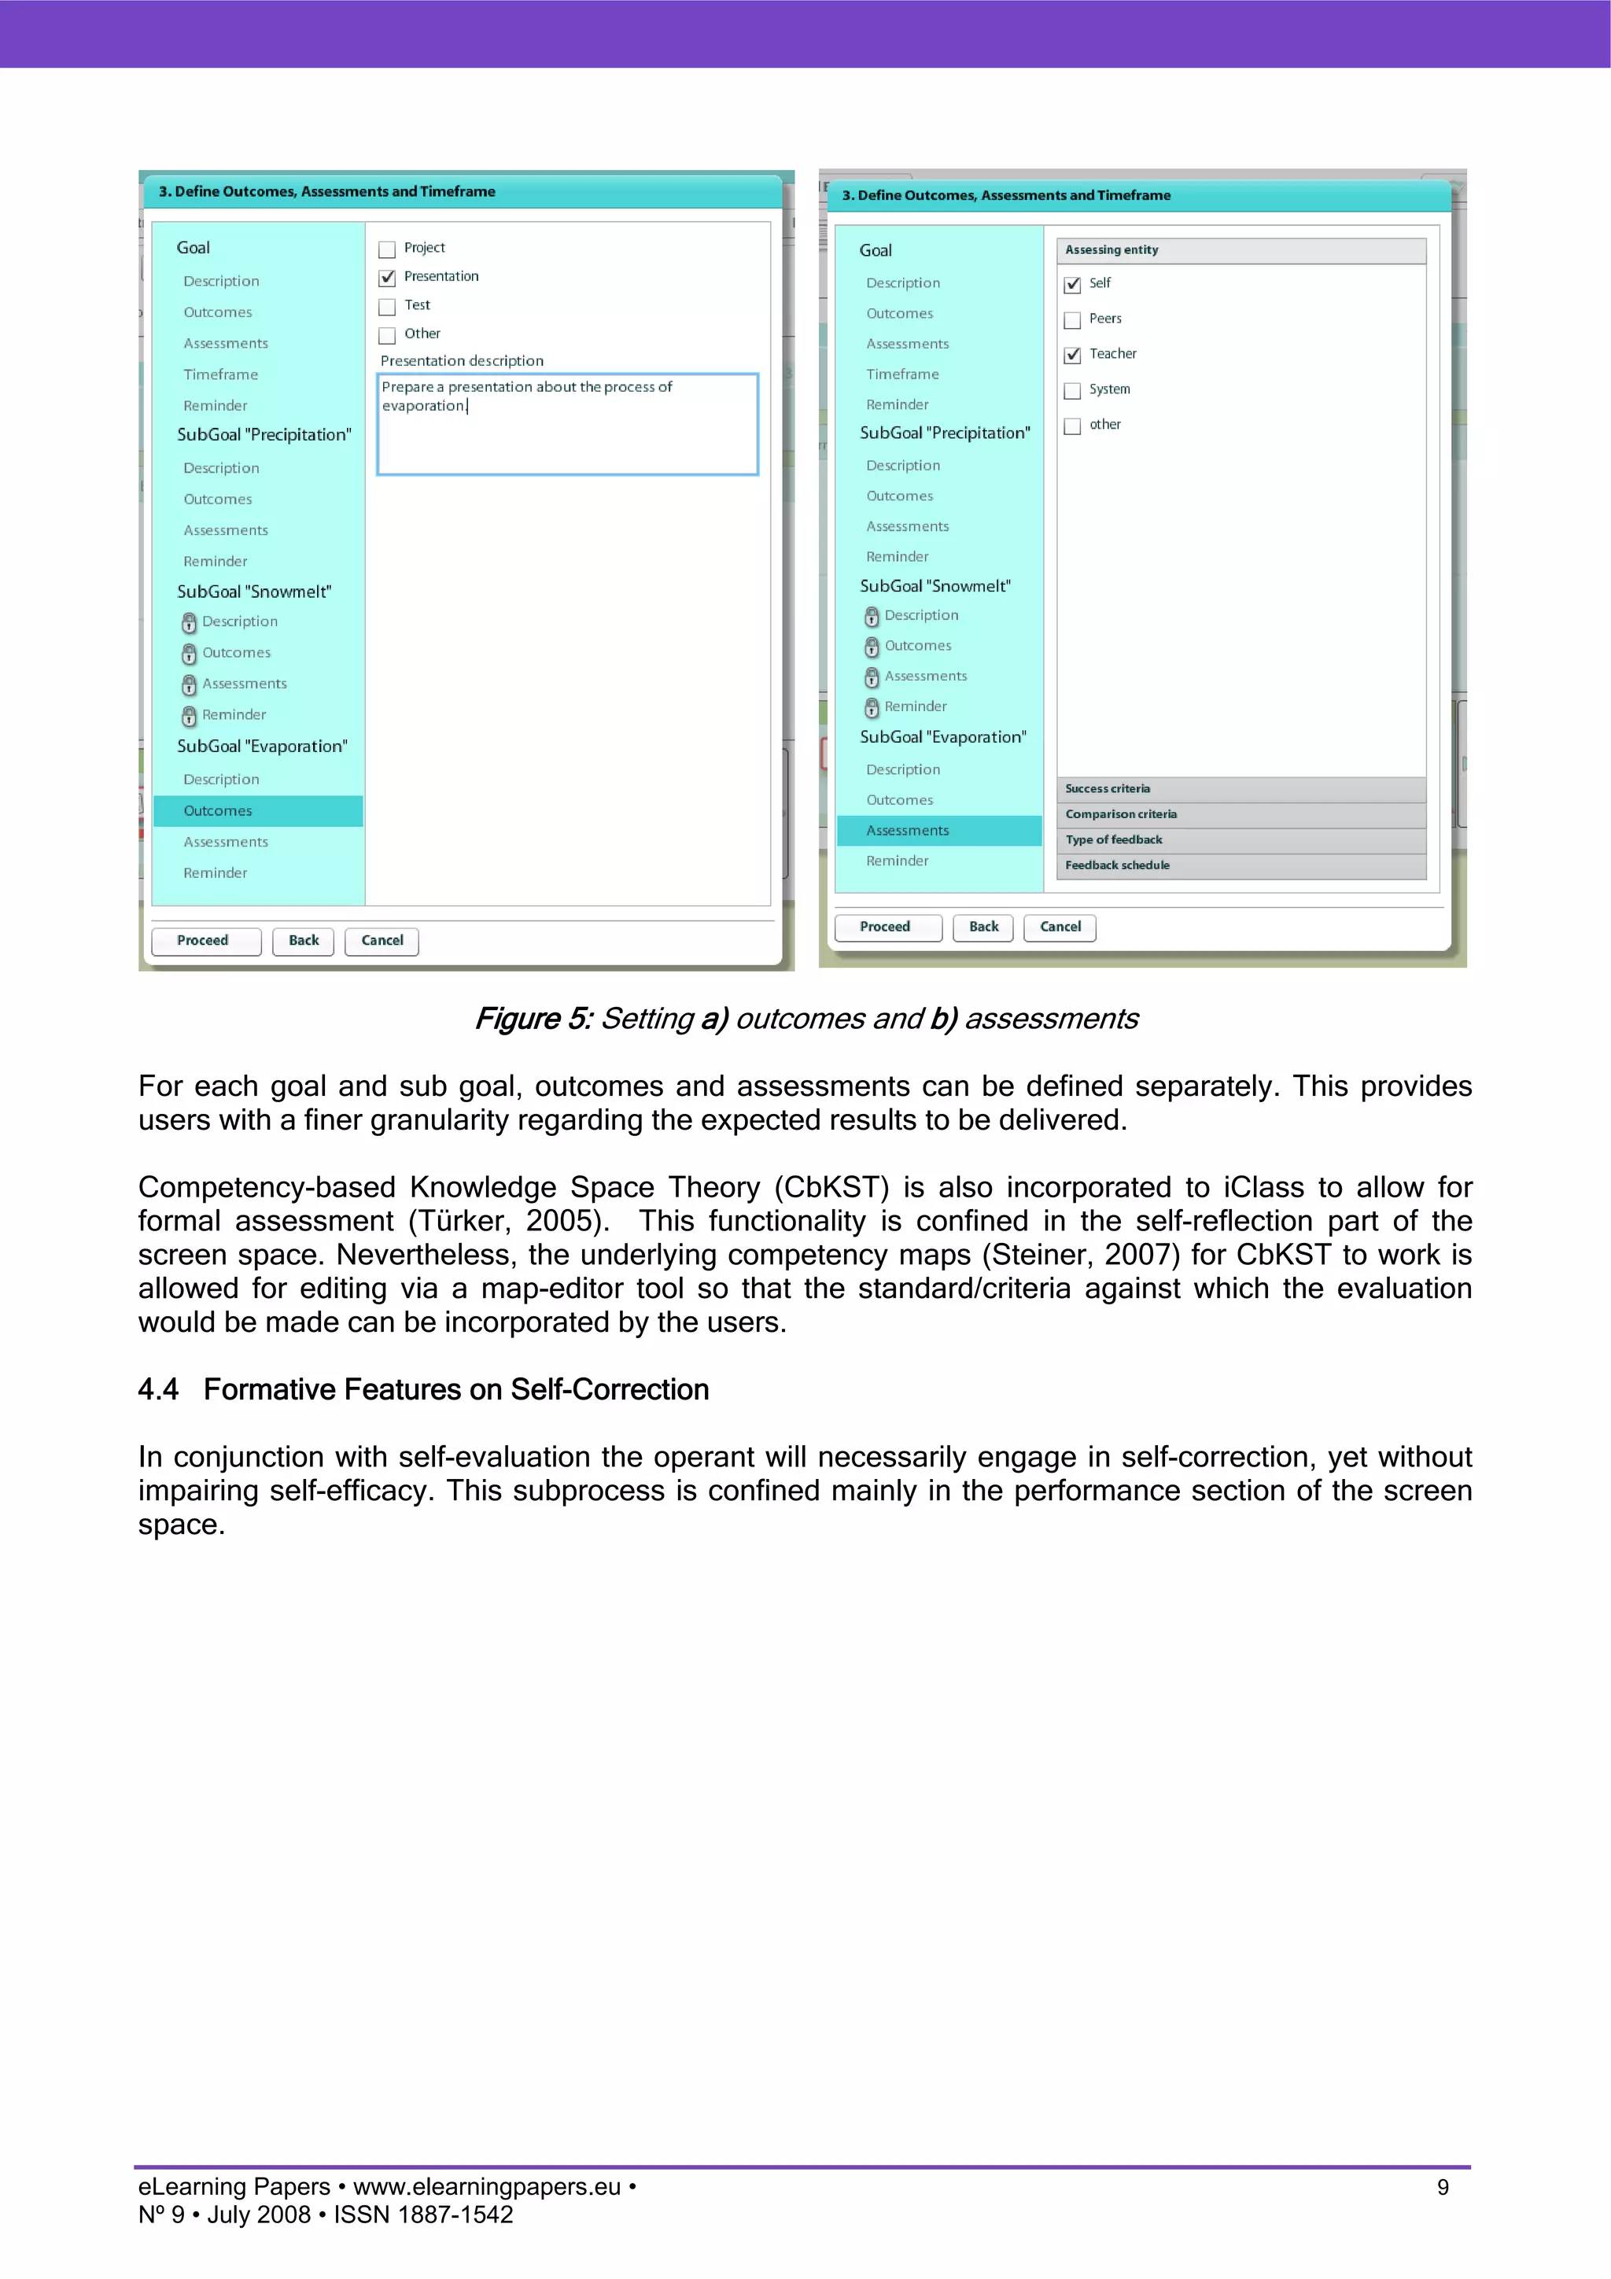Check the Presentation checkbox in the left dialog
point(387,278)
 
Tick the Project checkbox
point(387,249)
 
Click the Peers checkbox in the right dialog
point(1072,319)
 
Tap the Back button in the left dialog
point(303,941)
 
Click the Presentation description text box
point(567,425)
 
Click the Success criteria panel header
point(1241,789)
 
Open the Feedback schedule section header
point(1241,865)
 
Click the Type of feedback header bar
point(1241,839)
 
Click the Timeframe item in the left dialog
point(220,375)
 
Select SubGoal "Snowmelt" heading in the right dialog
point(935,587)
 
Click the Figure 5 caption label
point(533,1020)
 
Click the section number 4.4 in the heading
point(158,1389)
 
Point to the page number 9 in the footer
point(1442,2188)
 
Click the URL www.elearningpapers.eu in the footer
point(486,2188)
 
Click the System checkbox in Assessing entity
point(1072,391)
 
